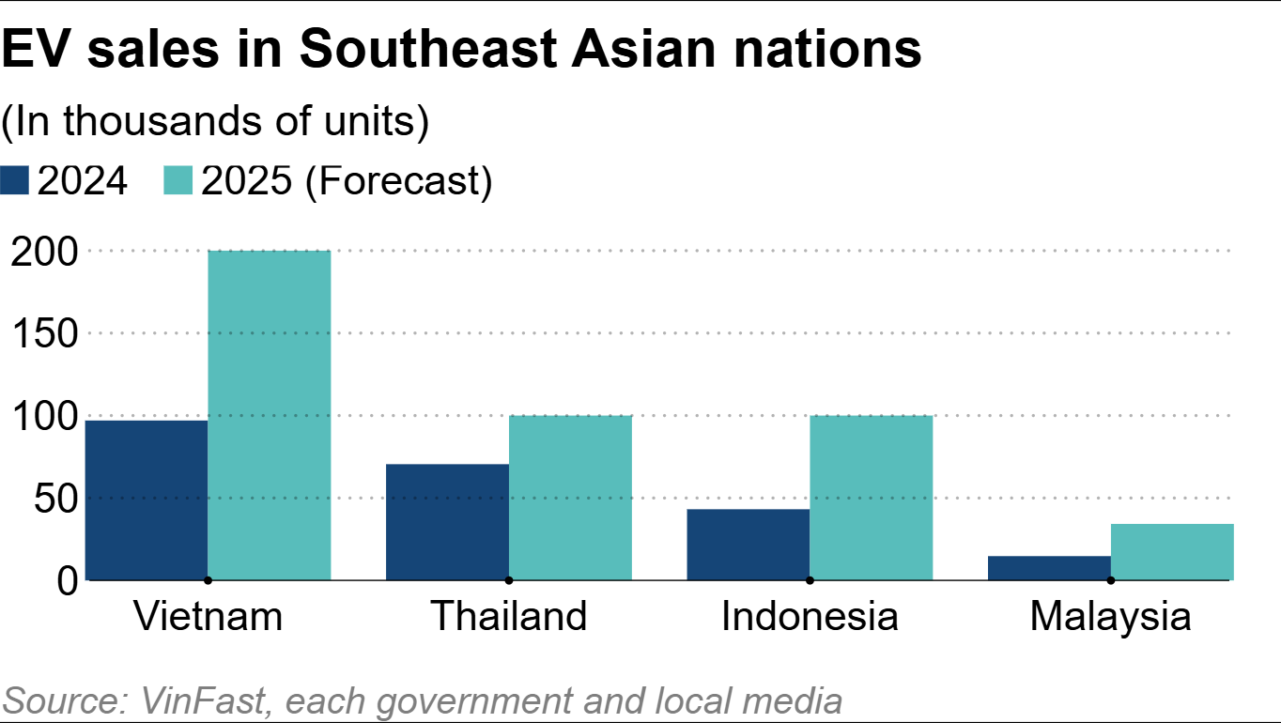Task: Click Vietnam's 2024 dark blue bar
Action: pos(147,500)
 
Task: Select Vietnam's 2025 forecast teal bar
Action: pos(269,415)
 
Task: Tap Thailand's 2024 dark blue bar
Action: pos(447,521)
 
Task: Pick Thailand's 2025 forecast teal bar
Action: pos(570,497)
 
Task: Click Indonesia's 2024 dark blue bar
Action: pos(748,544)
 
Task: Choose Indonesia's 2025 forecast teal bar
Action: pos(871,497)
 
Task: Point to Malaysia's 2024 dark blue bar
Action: pos(1049,567)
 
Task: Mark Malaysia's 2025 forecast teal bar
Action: pos(1172,551)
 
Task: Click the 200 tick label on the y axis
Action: pos(43,252)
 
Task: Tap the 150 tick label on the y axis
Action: pos(43,334)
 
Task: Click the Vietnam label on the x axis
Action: pos(208,617)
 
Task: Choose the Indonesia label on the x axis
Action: pos(810,617)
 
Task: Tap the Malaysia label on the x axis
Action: pos(1110,617)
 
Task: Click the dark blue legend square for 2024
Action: pos(16,181)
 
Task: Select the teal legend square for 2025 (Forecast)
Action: pos(178,181)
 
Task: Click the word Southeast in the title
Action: pos(425,51)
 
